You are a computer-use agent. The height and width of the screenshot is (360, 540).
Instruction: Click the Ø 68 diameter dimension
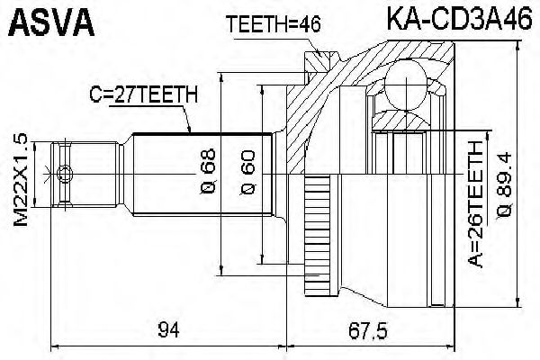tap(208, 174)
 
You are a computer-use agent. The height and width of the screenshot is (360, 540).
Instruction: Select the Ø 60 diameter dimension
tap(249, 174)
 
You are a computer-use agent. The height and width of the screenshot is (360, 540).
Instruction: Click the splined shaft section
tap(202, 174)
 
